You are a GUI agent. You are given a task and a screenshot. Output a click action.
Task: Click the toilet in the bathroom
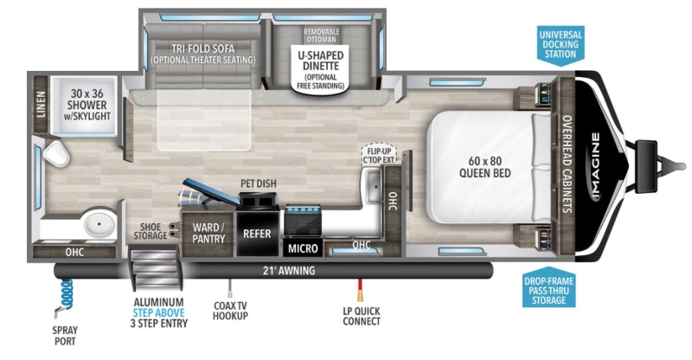click(x=56, y=154)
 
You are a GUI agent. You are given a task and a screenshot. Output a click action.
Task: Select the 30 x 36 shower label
click(x=87, y=105)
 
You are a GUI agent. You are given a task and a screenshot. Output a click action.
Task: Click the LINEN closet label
click(x=41, y=104)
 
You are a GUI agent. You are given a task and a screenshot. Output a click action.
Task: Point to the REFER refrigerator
click(x=258, y=234)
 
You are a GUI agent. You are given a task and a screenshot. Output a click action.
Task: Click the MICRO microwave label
click(x=303, y=248)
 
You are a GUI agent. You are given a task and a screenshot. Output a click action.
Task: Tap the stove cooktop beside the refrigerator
click(x=303, y=220)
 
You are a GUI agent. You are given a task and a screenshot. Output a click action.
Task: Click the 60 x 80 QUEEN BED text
click(x=485, y=167)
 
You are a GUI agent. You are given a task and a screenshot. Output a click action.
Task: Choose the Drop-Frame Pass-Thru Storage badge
click(x=548, y=288)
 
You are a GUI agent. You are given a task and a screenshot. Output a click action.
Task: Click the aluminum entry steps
click(x=154, y=267)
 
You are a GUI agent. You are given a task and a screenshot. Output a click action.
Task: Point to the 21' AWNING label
click(x=289, y=270)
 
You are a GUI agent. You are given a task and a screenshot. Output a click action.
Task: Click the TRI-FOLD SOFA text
click(x=203, y=48)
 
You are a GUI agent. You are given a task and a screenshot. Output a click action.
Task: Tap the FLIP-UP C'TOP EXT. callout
click(x=380, y=155)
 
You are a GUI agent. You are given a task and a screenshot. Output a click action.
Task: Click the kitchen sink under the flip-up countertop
click(x=374, y=185)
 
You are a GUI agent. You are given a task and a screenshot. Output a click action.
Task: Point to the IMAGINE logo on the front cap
click(x=595, y=166)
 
